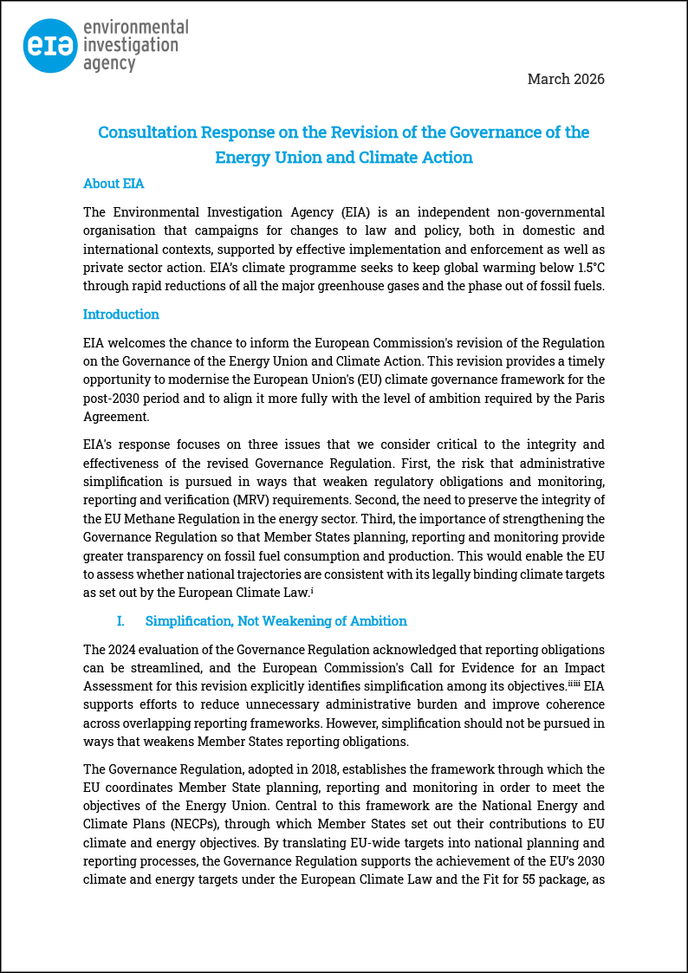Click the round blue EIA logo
point(51,46)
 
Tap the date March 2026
point(566,79)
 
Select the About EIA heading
point(114,184)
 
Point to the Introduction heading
point(121,315)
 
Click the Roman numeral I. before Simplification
point(120,621)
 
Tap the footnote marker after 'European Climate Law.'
point(311,590)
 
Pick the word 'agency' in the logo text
point(109,63)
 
